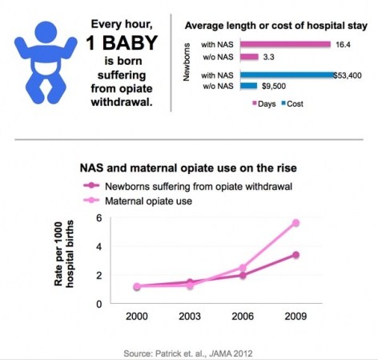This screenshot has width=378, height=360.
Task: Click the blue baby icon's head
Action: tap(46, 32)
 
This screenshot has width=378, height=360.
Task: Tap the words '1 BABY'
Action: tap(122, 42)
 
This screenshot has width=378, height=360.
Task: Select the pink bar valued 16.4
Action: tap(285, 44)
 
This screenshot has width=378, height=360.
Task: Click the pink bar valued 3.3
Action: tap(249, 57)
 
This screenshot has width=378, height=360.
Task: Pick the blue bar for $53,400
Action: tap(287, 75)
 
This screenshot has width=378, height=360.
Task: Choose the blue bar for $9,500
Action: tap(248, 86)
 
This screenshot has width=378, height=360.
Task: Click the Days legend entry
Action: tap(264, 103)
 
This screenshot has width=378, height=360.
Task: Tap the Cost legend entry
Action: tap(292, 103)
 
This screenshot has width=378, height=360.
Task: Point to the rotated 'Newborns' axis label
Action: tap(187, 62)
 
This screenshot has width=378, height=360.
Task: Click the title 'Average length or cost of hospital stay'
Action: tap(276, 26)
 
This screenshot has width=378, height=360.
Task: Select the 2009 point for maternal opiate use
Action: tap(296, 223)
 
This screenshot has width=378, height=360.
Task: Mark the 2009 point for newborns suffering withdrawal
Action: tap(296, 255)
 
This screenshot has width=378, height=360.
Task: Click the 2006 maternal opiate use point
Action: tap(243, 268)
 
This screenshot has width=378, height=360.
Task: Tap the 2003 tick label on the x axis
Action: tap(190, 317)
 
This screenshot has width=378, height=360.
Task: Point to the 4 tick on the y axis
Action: tap(99, 247)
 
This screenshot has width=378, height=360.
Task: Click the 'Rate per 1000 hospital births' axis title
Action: tap(64, 253)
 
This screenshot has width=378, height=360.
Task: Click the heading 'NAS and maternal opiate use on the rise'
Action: tap(188, 168)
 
